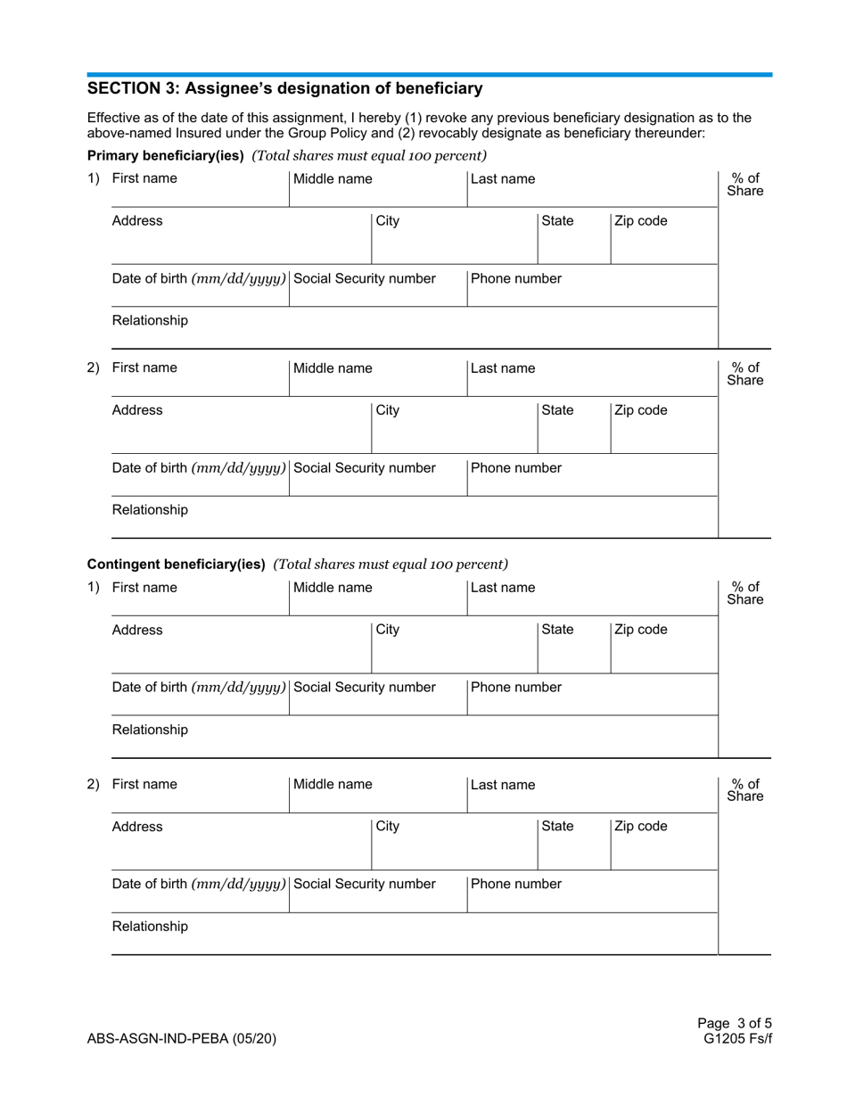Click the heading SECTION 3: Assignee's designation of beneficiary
(x=284, y=88)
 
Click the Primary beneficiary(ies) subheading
(x=166, y=156)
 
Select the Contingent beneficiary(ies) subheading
(x=176, y=564)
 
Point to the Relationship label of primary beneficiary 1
(x=150, y=320)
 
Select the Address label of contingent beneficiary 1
(x=137, y=630)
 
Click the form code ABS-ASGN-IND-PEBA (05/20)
(x=187, y=1039)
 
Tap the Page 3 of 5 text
(x=736, y=1025)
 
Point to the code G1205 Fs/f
(x=736, y=1039)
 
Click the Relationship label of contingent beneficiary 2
(x=150, y=926)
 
